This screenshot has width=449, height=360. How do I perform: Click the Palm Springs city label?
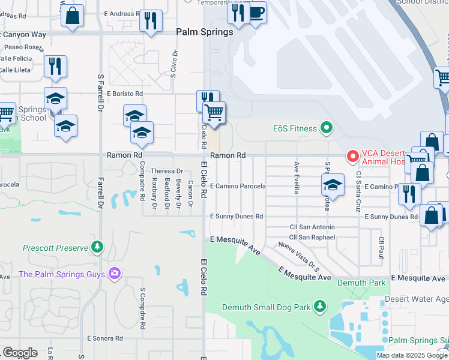pos(204,32)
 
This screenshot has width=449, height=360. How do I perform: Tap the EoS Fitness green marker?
pos(326,127)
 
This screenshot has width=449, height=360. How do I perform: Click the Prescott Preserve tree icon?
pos(97,247)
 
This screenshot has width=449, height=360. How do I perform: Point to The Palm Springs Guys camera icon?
pos(114,274)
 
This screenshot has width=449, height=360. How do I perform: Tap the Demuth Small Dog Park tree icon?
pos(320,307)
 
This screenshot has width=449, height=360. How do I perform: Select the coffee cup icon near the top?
pos(256,13)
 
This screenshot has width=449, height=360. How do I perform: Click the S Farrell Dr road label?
pos(100,93)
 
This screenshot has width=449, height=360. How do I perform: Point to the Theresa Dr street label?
pos(166,171)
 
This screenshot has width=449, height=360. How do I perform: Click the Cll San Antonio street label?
pos(312,227)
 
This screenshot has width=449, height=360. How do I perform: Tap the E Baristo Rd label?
pos(125,94)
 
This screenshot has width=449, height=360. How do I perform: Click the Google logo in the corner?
pos(20,353)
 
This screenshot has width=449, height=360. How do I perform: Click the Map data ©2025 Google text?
pos(412,355)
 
